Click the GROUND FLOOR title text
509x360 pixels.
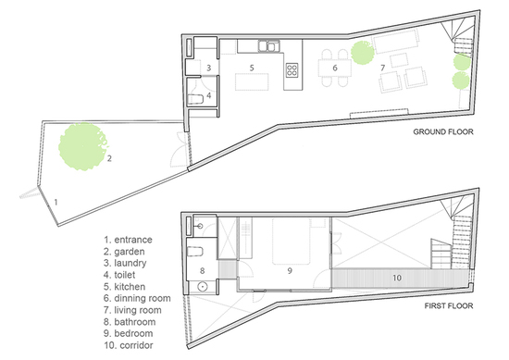(443, 131)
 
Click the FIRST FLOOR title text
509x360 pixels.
(449, 305)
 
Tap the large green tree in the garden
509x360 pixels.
(83, 146)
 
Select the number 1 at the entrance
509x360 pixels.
(56, 203)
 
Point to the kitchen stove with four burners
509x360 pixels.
(292, 70)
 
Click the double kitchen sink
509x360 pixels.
(268, 45)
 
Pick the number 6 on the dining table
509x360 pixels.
(335, 68)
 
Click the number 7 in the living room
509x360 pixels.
(383, 68)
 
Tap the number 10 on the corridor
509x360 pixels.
(397, 278)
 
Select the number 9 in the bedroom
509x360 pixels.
(290, 270)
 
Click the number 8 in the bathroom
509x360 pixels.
(203, 270)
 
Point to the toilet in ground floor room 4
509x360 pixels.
(196, 99)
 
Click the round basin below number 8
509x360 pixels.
(203, 287)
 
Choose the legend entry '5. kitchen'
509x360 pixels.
(124, 287)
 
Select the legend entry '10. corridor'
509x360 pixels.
(129, 345)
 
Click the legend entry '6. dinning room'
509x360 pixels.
(137, 298)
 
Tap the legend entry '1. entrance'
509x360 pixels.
(128, 240)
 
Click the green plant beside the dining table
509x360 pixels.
(362, 53)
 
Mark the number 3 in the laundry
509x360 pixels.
(209, 68)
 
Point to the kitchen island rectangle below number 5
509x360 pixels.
(252, 81)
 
